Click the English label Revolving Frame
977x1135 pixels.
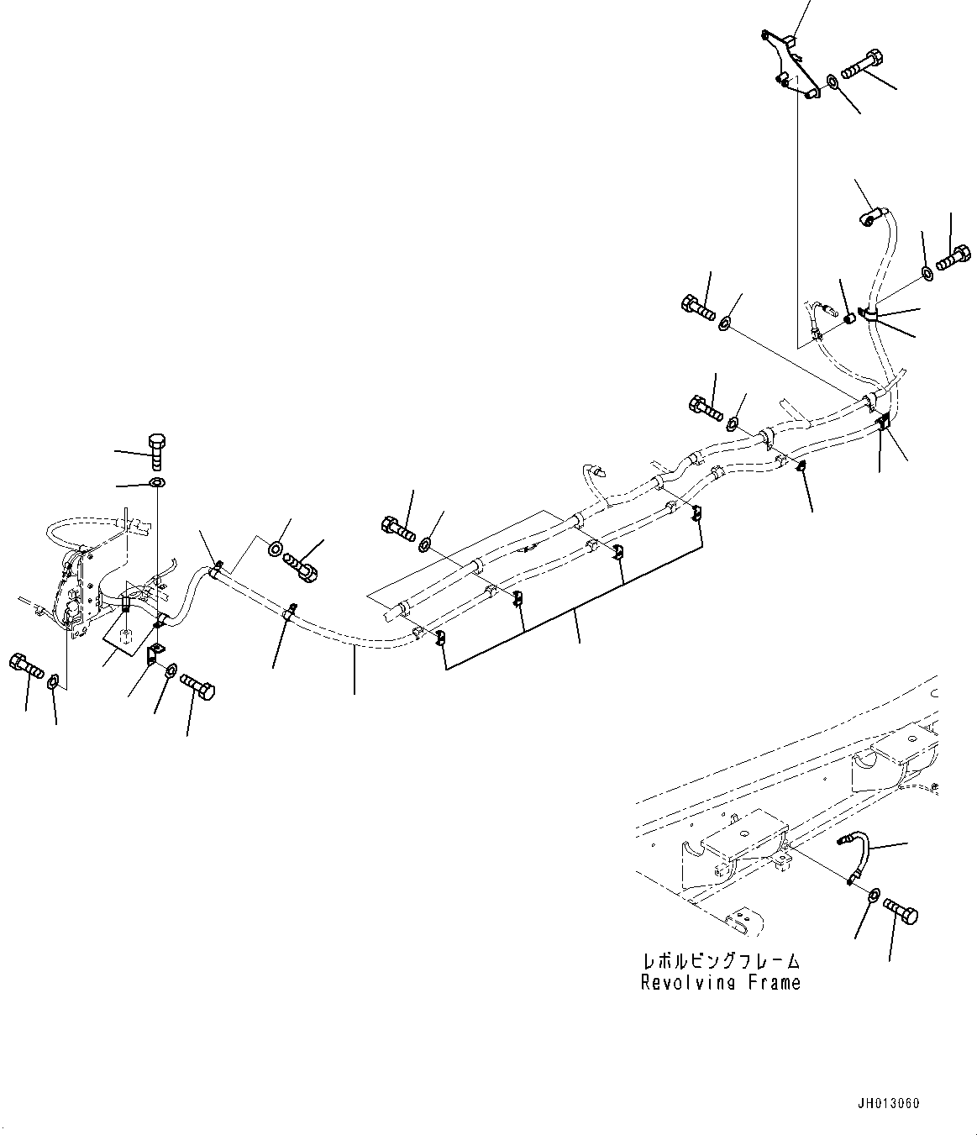tap(720, 982)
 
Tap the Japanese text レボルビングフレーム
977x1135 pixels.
tap(720, 960)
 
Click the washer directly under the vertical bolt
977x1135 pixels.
tap(157, 482)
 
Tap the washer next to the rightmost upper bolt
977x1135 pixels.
tap(927, 272)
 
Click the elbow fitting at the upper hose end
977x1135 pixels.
tap(869, 218)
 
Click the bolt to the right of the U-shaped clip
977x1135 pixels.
tap(198, 678)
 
